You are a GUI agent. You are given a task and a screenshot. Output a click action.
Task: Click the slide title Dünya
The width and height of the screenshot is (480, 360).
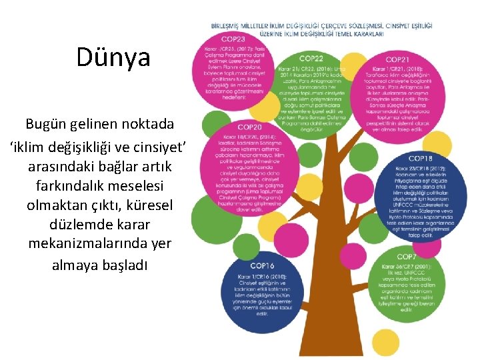[x=113, y=58]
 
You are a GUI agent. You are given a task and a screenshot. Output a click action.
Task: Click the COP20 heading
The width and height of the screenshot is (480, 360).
[x=249, y=127]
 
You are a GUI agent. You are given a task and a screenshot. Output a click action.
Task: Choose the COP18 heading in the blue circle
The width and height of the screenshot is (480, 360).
[x=420, y=159]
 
